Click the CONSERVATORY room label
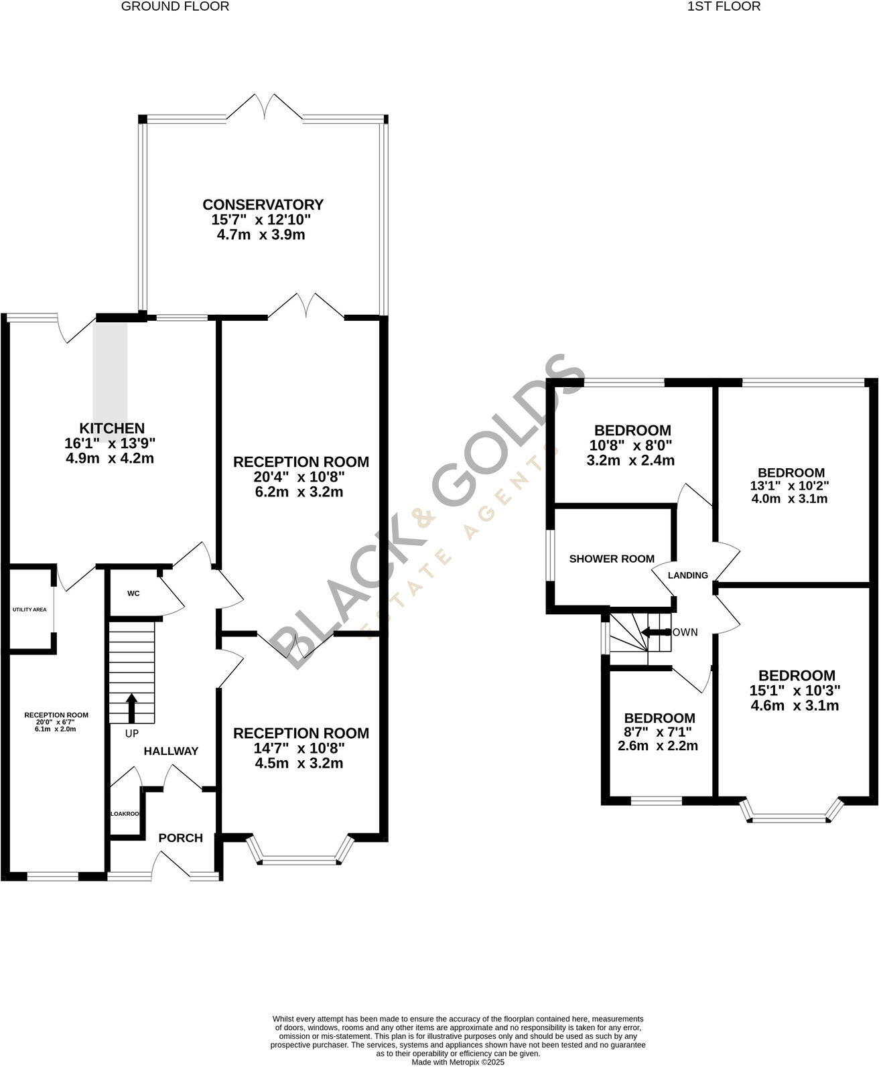pyautogui.click(x=263, y=204)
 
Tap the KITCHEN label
pyautogui.click(x=112, y=428)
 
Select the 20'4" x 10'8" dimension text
pyautogui.click(x=301, y=477)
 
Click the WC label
pyautogui.click(x=133, y=593)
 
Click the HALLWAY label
pyautogui.click(x=171, y=752)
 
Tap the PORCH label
pyautogui.click(x=180, y=838)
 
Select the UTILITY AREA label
pyautogui.click(x=29, y=610)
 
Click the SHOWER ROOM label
pyautogui.click(x=611, y=559)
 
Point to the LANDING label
pyautogui.click(x=688, y=575)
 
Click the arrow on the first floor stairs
pyautogui.click(x=655, y=632)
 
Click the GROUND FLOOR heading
pyautogui.click(x=175, y=7)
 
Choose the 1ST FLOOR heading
pyautogui.click(x=724, y=7)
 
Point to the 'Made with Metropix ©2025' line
pyautogui.click(x=458, y=1062)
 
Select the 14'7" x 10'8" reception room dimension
pyautogui.click(x=301, y=748)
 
